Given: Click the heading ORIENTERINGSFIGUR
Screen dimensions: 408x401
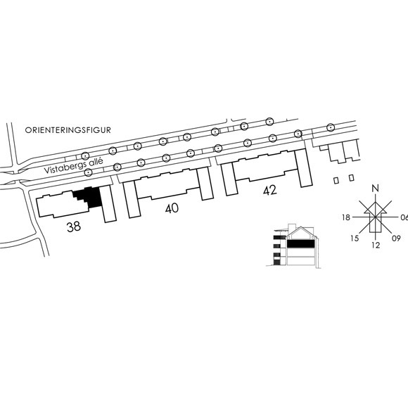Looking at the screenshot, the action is pyautogui.click(x=68, y=130).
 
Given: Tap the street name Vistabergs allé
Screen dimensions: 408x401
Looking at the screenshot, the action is pyautogui.click(x=74, y=165).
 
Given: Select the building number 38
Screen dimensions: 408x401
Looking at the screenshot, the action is pyautogui.click(x=74, y=227).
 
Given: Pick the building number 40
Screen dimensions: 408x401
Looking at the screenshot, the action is pyautogui.click(x=172, y=208).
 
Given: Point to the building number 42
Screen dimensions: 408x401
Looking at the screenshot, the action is pyautogui.click(x=270, y=191).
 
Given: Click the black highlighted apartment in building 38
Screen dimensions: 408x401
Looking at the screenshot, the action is pyautogui.click(x=90, y=197).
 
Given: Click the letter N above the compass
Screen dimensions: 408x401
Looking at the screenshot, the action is pyautogui.click(x=375, y=189).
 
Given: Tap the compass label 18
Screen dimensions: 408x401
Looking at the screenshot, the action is pyautogui.click(x=346, y=217).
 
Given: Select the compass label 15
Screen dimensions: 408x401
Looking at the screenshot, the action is pyautogui.click(x=355, y=238).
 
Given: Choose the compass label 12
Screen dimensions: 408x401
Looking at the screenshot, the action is pyautogui.click(x=376, y=245).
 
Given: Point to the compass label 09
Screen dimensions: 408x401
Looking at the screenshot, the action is pyautogui.click(x=396, y=238).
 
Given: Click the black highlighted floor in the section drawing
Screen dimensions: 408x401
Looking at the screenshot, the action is pyautogui.click(x=300, y=243).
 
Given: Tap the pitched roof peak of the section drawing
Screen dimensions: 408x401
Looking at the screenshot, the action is pyautogui.click(x=300, y=227).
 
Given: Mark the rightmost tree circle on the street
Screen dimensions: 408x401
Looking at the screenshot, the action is pyautogui.click(x=330, y=127).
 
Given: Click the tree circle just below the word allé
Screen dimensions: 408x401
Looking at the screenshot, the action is pyautogui.click(x=88, y=172).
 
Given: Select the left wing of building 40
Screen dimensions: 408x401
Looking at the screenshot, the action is pyautogui.click(x=132, y=199).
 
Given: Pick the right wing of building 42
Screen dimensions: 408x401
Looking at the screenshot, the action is pyautogui.click(x=303, y=168).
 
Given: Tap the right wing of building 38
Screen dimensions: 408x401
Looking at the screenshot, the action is pyautogui.click(x=108, y=204).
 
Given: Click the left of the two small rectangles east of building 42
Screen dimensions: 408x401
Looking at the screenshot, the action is pyautogui.click(x=336, y=180).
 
